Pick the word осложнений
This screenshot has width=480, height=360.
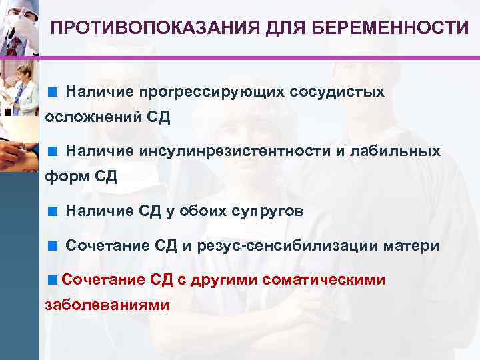click(x=92, y=118)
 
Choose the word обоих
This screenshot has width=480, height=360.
click(x=201, y=212)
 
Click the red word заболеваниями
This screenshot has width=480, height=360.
click(x=107, y=305)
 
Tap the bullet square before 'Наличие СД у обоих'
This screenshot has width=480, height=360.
click(x=52, y=212)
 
